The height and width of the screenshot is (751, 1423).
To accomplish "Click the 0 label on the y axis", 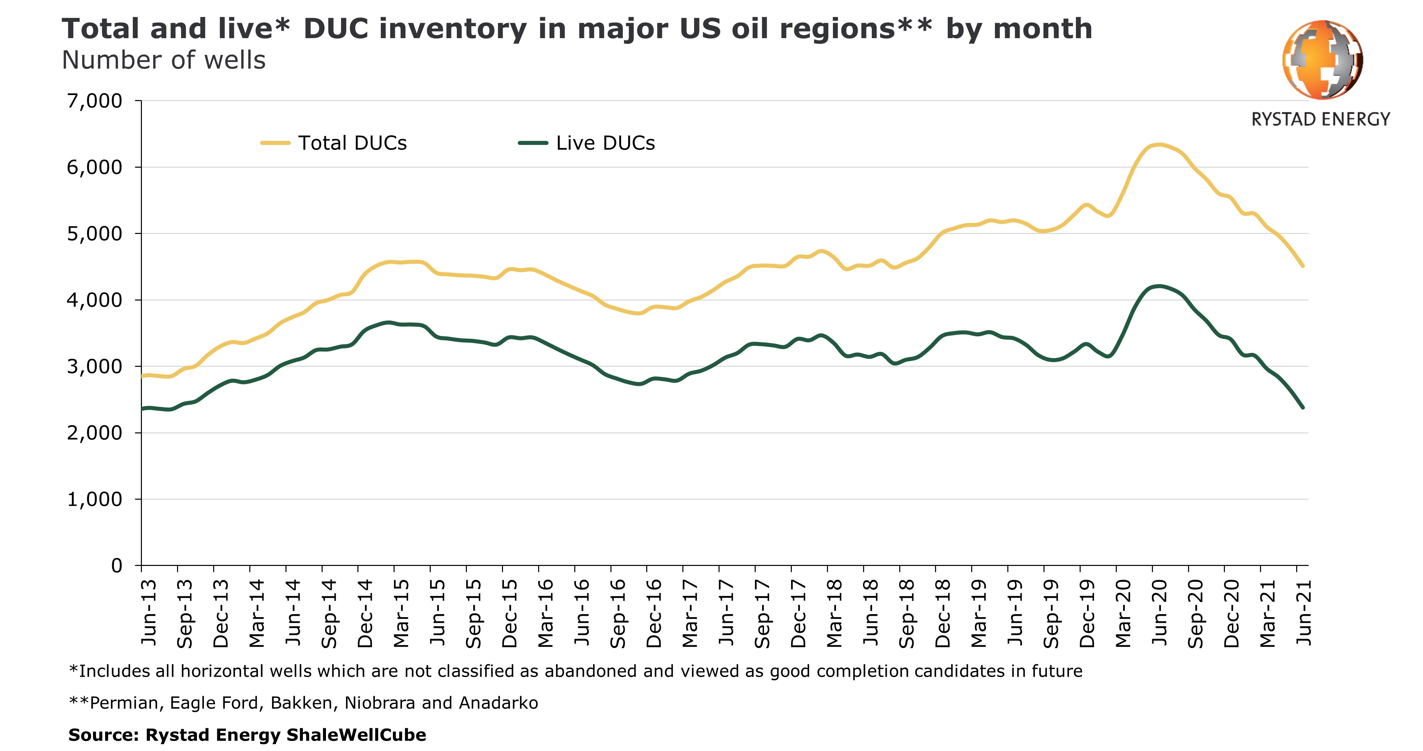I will [116, 565].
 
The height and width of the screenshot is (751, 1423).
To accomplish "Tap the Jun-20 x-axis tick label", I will [1160, 612].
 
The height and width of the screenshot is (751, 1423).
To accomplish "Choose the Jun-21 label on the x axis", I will [1304, 612].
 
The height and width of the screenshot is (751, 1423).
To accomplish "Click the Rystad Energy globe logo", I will [1323, 60].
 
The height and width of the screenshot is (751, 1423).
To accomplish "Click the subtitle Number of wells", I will [164, 60].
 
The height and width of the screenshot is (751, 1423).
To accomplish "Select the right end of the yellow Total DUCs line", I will [1303, 266].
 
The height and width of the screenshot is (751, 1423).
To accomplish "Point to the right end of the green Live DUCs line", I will [1303, 407].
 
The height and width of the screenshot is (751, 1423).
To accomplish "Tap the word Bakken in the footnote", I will [302, 703].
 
